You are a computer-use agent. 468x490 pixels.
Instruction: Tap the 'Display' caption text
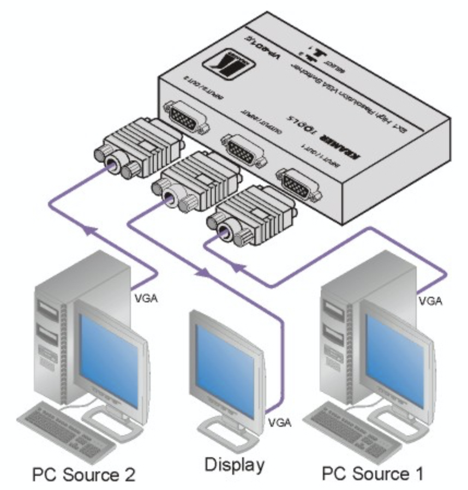click(x=235, y=465)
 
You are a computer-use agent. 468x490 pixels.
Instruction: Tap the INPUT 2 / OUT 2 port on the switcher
click(x=185, y=116)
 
